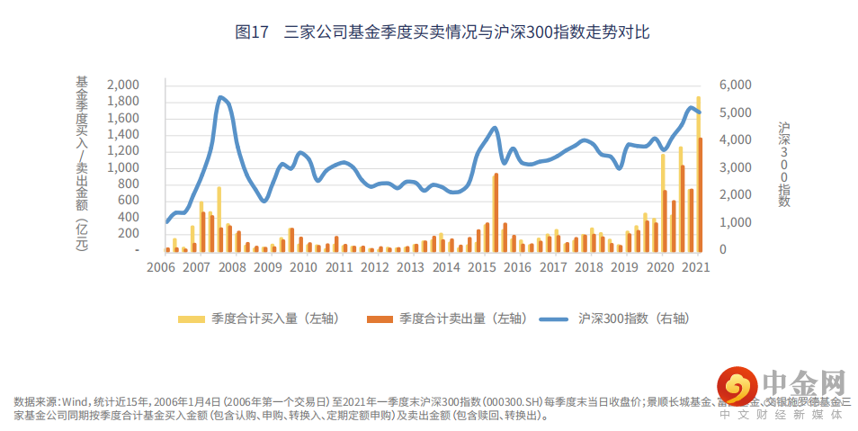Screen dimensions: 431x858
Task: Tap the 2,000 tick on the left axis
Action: (x=122, y=85)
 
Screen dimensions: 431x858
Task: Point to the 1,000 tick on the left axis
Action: (x=122, y=167)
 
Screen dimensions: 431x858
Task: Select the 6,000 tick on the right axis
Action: (x=736, y=85)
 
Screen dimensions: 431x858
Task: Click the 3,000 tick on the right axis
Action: (x=736, y=167)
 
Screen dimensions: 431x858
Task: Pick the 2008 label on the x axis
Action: (x=231, y=268)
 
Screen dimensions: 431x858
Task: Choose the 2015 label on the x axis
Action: (x=481, y=268)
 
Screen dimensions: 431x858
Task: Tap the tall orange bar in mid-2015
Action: (x=496, y=212)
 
